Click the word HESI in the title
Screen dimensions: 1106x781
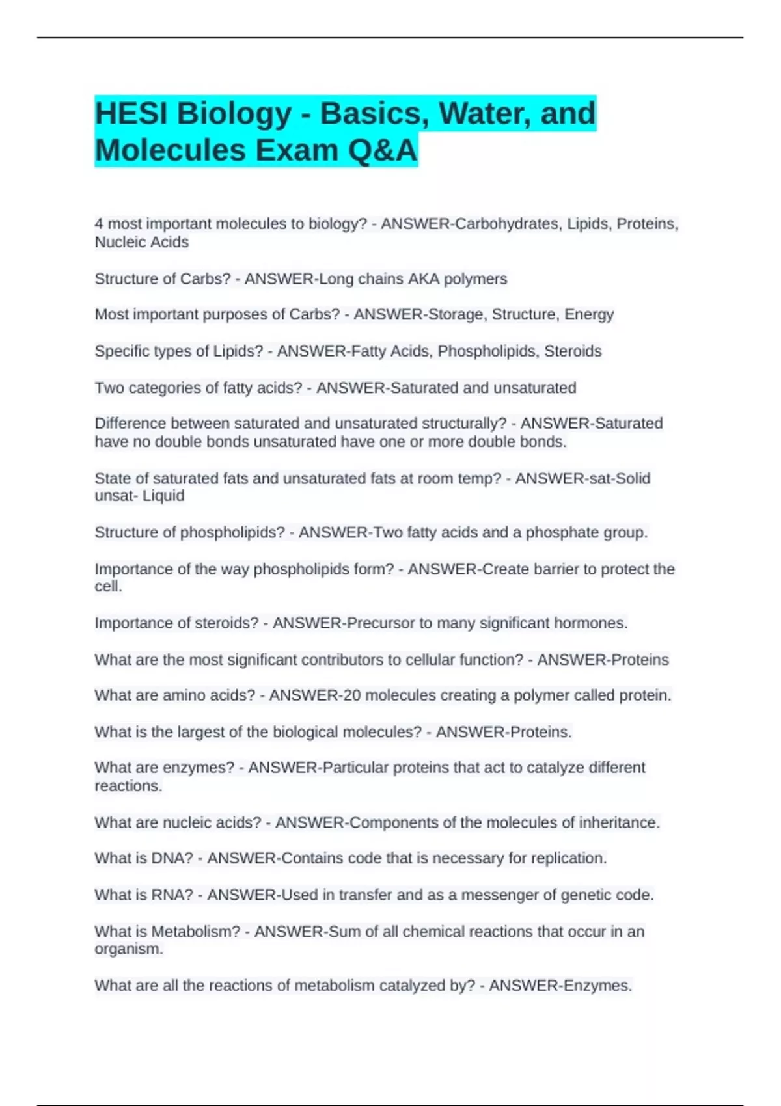[129, 113]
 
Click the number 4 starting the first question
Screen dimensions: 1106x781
[99, 224]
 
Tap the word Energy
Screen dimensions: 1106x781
[589, 315]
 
